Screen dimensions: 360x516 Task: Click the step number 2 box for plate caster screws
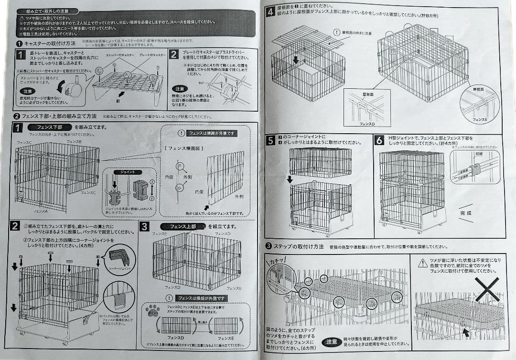[174, 54]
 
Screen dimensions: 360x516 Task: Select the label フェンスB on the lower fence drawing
[74, 142]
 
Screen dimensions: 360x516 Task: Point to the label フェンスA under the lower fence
[41, 211]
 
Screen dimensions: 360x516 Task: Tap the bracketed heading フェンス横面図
[185, 148]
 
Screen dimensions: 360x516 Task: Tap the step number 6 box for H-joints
[379, 140]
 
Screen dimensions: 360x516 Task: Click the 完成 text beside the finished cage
[465, 213]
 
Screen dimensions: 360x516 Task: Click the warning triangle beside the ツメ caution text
[422, 263]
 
